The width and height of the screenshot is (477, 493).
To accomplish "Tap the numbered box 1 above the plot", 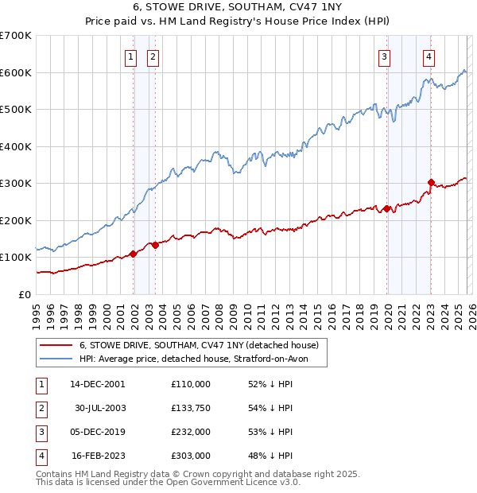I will click(130, 56).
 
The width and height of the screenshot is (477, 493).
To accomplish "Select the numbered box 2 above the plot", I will click(152, 56).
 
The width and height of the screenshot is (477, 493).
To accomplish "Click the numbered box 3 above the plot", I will click(384, 56).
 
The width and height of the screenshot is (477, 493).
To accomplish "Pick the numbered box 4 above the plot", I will click(429, 56).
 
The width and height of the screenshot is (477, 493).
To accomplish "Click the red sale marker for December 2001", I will click(134, 254).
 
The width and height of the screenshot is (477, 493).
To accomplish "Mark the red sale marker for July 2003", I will click(156, 245).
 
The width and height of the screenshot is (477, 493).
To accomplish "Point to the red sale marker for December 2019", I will click(386, 209).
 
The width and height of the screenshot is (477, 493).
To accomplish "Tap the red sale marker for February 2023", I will click(431, 183).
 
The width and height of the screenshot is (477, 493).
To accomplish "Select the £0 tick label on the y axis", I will click(24, 294).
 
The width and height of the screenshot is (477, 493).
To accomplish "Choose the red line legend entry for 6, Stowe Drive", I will click(199, 345).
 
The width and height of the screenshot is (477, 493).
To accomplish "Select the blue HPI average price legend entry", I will click(204, 359).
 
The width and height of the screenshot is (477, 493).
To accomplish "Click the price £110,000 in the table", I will click(191, 383).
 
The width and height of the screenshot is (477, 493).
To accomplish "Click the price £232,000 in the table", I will click(191, 431).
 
